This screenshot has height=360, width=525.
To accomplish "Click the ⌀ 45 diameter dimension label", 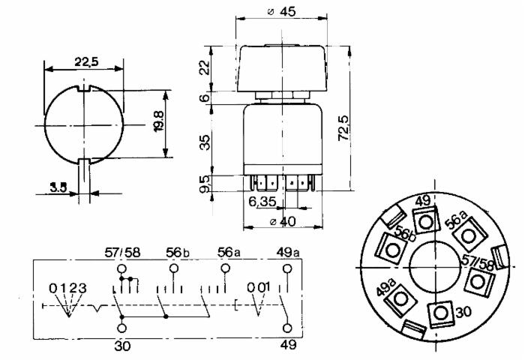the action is (282, 12).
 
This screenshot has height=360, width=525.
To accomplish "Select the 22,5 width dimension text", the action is (86, 62).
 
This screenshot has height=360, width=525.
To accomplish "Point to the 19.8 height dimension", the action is (159, 121).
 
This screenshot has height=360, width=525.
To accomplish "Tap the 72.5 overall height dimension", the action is (343, 128).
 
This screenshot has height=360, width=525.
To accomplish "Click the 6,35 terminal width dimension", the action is (262, 202).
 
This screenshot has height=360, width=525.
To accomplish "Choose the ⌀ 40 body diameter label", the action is (283, 221).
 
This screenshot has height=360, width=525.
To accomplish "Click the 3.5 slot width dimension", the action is (58, 187).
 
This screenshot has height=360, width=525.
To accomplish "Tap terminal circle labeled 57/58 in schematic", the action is (121, 268).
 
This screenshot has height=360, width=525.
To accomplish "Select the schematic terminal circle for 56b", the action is (174, 268).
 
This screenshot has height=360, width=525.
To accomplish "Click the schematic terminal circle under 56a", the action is (226, 268).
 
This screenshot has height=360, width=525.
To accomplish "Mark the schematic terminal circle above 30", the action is (122, 328).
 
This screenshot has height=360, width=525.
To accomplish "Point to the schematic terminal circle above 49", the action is (287, 328).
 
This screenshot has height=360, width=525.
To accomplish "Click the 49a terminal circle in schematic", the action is (287, 268).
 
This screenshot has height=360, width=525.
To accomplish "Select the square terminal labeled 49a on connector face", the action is (400, 299).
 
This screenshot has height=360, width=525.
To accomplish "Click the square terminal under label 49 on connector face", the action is (425, 221).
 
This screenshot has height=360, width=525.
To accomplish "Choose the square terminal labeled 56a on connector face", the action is (468, 235).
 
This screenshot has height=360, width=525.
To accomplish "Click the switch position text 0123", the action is (67, 288).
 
